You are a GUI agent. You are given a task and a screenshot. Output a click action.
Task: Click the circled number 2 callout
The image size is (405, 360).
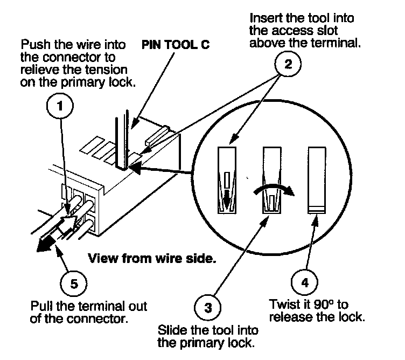(x=288, y=65)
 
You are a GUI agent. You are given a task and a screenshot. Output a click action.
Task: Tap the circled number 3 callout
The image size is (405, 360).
(x=207, y=308)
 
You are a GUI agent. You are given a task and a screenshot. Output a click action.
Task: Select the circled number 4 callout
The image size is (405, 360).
(x=305, y=281)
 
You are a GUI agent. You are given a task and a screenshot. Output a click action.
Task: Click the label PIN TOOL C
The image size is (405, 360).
(x=176, y=44)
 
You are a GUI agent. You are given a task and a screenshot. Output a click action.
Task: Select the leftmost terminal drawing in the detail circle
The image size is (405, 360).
(x=228, y=180)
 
